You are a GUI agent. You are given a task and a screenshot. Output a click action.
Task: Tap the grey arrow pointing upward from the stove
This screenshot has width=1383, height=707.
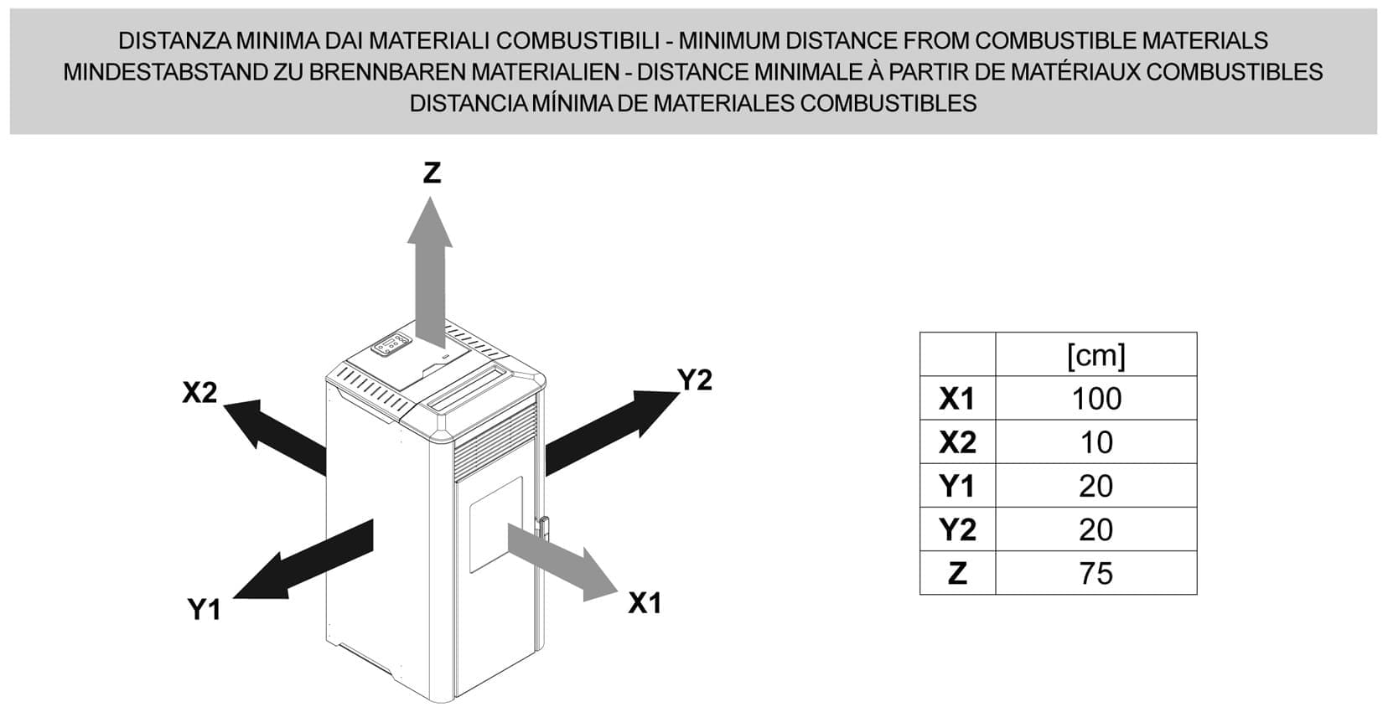click(430, 272)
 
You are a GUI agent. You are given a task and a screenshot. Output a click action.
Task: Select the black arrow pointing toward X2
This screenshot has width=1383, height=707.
click(274, 437)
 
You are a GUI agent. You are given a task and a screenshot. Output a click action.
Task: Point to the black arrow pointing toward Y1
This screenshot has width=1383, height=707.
click(303, 560)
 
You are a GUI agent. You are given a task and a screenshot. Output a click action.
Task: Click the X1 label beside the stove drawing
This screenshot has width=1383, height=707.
click(645, 603)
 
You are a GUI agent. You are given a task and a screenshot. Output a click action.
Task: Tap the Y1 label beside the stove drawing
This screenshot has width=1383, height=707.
click(205, 610)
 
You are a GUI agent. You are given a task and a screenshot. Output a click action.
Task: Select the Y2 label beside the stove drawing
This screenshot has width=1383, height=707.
click(695, 380)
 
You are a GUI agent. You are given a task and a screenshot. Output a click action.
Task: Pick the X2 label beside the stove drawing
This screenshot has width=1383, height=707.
click(199, 392)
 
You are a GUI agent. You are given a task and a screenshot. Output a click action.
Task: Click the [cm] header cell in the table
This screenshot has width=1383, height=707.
click(1096, 355)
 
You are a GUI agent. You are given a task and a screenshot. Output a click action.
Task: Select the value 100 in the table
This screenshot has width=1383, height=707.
click(1096, 399)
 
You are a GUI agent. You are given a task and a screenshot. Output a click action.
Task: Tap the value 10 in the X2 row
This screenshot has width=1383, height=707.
click(1096, 442)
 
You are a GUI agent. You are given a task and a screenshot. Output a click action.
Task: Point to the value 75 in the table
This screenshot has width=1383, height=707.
click(1096, 573)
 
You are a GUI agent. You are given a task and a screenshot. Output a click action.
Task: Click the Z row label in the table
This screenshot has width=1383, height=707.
click(957, 573)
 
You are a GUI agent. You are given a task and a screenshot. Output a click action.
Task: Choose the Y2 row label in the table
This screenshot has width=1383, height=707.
click(957, 529)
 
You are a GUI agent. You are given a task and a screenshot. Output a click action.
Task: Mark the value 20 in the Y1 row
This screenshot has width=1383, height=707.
click(1096, 486)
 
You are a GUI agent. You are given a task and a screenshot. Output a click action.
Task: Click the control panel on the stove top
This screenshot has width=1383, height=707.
click(391, 345)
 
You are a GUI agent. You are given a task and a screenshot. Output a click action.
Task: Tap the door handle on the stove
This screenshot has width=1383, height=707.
click(542, 529)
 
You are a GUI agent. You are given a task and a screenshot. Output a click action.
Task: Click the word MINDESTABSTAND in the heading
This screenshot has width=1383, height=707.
click(163, 72)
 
